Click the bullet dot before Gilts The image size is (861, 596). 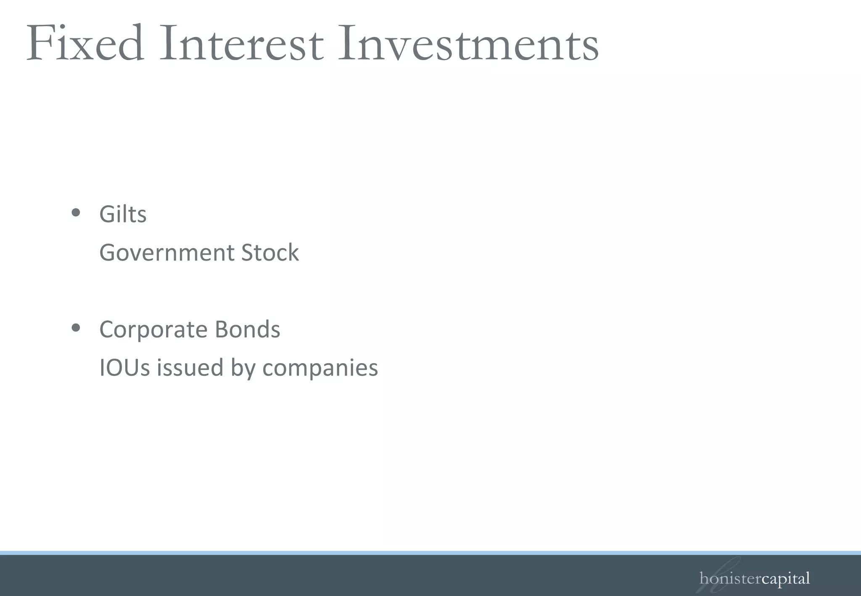coord(76,213)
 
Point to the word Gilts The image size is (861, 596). coord(123,214)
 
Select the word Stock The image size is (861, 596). coord(270,253)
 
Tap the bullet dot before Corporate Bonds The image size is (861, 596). coord(76,327)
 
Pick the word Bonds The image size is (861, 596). coord(247,330)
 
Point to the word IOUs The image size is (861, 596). coord(124,368)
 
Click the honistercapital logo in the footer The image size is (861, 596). coord(754,578)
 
